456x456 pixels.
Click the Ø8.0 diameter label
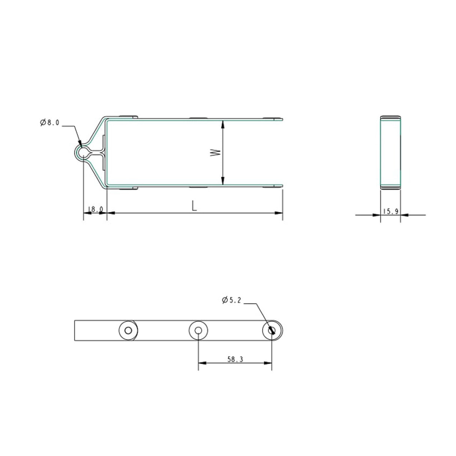pos(50,122)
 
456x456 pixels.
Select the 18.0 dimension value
pos(95,209)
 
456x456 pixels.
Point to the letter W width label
pos(215,153)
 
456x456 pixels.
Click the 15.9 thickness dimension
pos(391,211)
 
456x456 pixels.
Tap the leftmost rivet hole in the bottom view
pos(128,331)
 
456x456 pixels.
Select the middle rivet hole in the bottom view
pos(198,331)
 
